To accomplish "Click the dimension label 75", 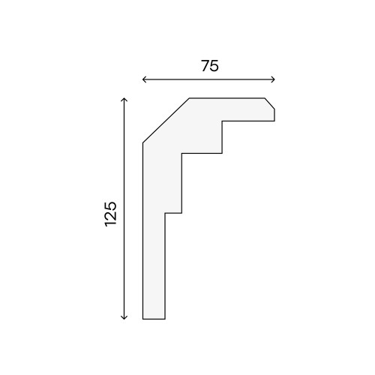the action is [x=210, y=66].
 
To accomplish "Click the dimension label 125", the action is [x=111, y=214].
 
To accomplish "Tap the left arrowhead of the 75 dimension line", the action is [x=144, y=79].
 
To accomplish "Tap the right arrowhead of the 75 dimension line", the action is [x=273, y=79].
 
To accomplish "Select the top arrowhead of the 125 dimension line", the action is [x=124, y=100].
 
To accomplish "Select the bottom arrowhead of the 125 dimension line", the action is [x=124, y=317].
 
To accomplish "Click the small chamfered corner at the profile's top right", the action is [x=270, y=103].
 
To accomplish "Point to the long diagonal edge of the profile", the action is [x=166, y=121].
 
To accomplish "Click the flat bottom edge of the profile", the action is [x=154, y=319].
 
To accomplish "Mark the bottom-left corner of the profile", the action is [x=142, y=319].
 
